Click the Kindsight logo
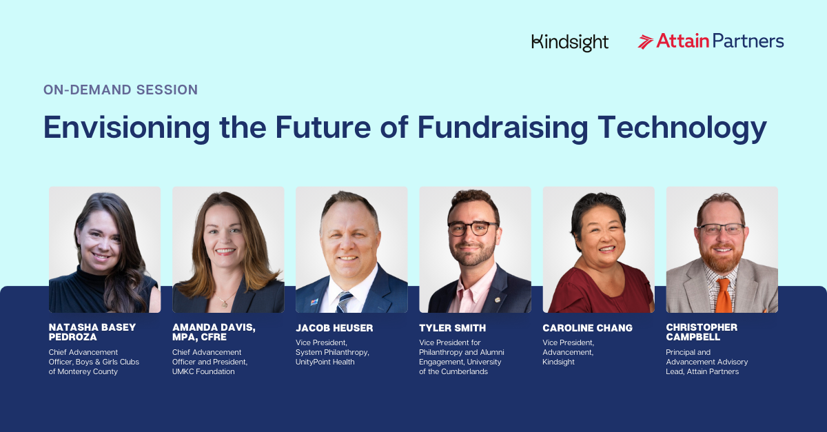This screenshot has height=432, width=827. [570, 43]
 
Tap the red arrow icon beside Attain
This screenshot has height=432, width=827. [645, 42]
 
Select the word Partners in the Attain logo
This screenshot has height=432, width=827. [748, 41]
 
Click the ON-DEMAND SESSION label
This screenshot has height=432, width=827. [121, 90]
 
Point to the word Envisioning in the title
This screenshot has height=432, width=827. [127, 127]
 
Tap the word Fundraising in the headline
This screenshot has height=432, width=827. [502, 127]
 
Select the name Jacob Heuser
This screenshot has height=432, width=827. [334, 328]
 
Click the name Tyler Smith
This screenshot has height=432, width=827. [453, 328]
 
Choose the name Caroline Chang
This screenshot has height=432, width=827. [587, 328]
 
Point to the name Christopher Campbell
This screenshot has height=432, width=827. [702, 332]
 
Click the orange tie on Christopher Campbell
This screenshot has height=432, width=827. [723, 296]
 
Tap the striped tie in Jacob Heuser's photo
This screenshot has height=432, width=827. [343, 302]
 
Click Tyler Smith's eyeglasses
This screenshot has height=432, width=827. [473, 228]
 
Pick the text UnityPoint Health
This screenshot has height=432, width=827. [325, 362]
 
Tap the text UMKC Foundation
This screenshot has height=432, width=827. [203, 371]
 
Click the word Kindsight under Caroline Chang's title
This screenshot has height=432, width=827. [559, 362]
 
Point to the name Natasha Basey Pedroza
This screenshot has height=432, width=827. [92, 332]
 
